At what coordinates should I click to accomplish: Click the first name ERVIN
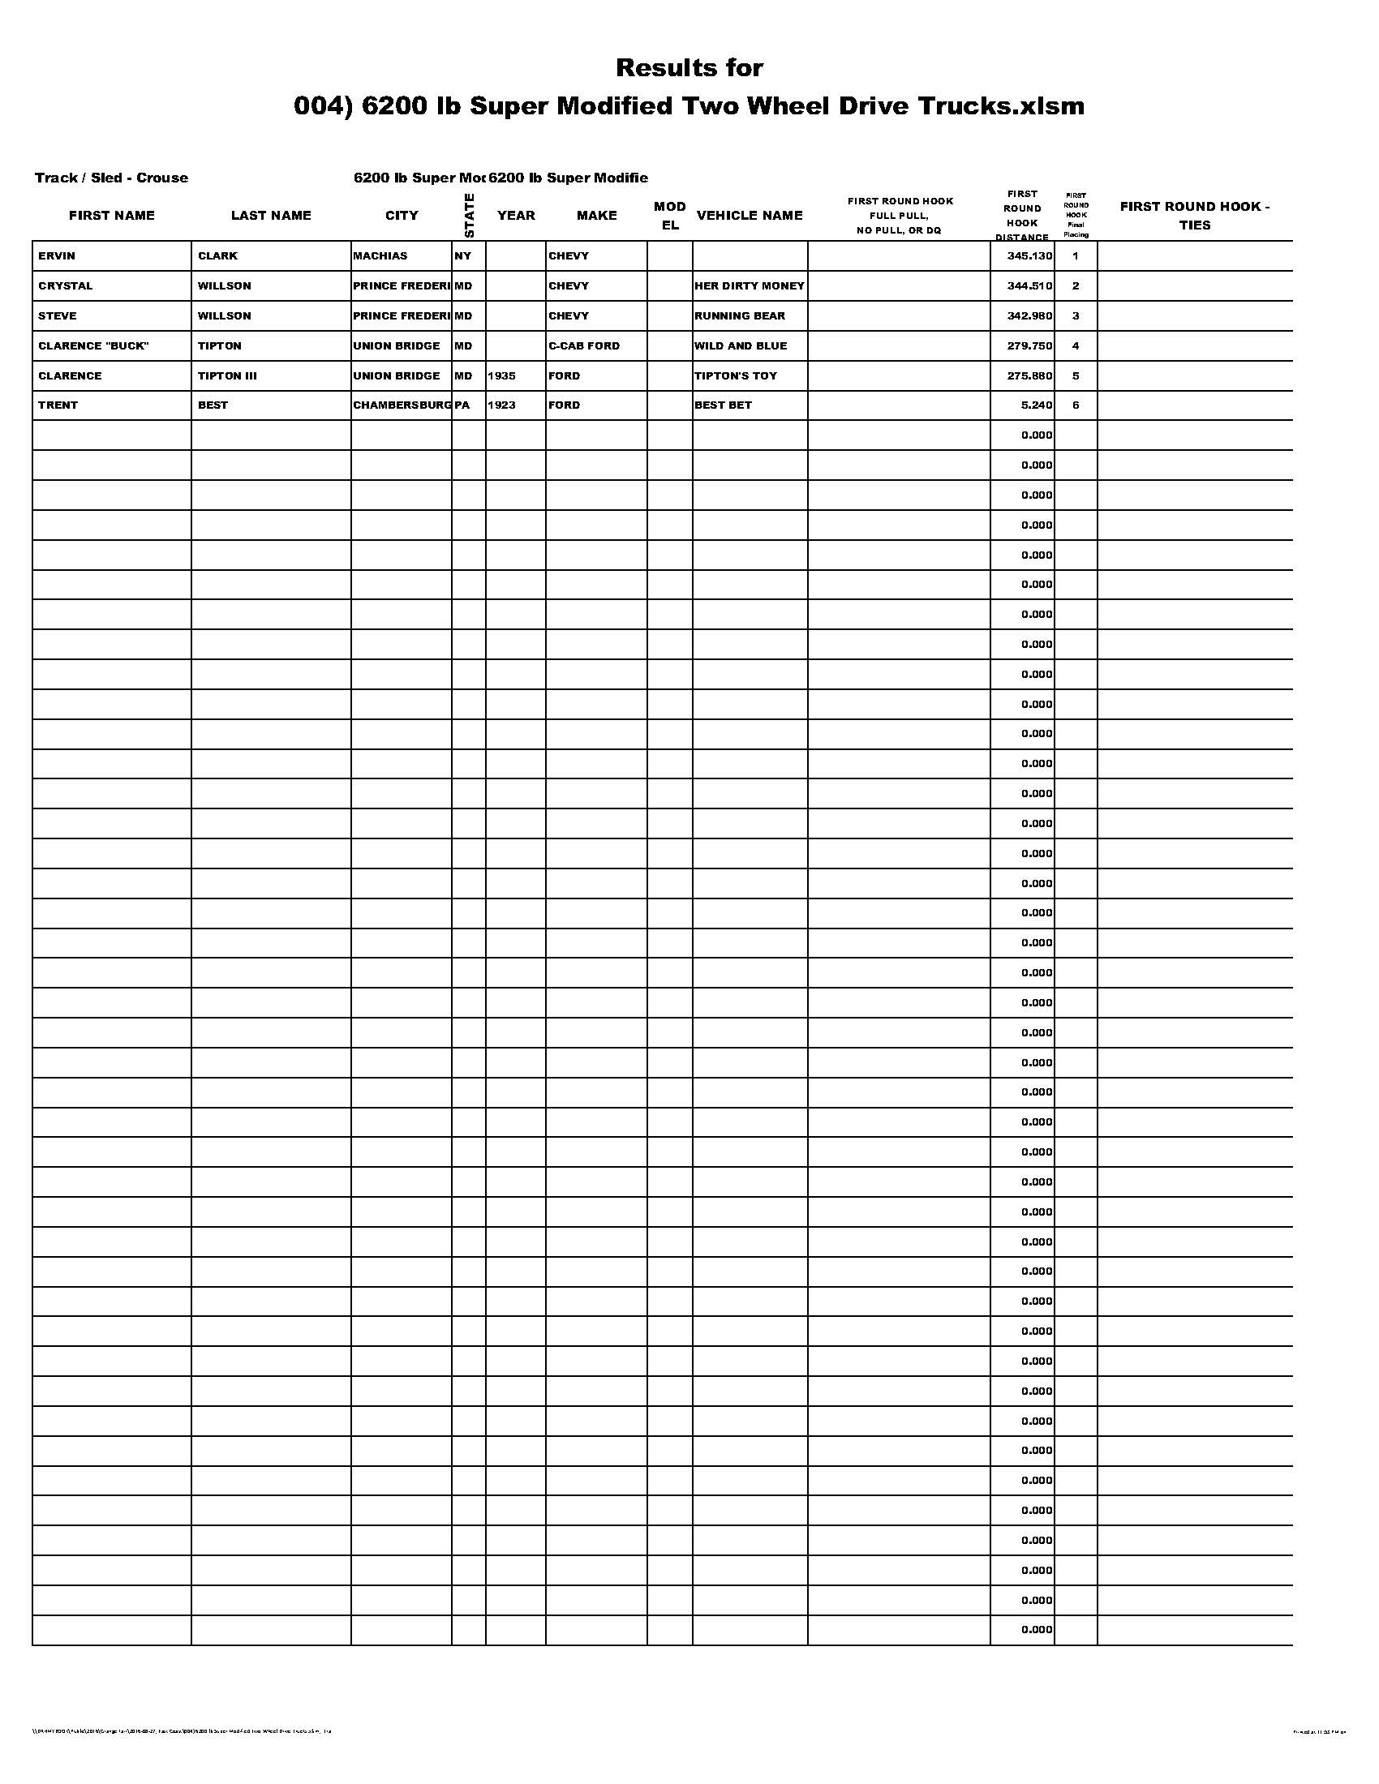coord(56,255)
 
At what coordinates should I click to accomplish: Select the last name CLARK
coord(217,255)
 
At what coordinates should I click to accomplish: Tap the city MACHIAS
coord(380,255)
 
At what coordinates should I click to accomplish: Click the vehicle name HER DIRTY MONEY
coord(750,286)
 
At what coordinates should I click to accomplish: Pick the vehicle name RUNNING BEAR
coord(739,315)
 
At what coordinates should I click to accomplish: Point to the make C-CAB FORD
coord(584,345)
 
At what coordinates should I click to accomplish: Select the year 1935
coord(501,375)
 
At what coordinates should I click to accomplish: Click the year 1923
coord(501,405)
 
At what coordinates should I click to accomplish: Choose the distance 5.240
coord(1037,405)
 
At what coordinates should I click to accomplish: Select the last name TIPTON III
coord(227,375)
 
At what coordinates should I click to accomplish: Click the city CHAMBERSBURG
coord(402,405)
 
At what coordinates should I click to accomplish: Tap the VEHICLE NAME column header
coord(750,216)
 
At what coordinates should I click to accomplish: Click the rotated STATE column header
coord(468,216)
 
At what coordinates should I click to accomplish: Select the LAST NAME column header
coord(271,216)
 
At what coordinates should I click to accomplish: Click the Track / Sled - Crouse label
coord(111,178)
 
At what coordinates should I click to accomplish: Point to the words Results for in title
coord(689,68)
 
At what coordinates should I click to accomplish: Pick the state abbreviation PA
coord(462,405)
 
